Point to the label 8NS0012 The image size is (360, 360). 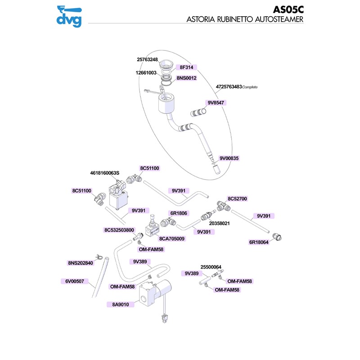[186, 78]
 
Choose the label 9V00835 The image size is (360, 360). [229, 158]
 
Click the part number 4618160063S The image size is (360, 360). [104, 173]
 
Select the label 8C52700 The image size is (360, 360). [237, 198]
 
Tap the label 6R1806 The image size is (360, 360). [179, 213]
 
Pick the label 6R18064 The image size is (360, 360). [259, 242]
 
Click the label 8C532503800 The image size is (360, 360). [119, 230]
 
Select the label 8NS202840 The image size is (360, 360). [81, 263]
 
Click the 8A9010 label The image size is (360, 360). [121, 305]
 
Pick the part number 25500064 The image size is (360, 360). [211, 267]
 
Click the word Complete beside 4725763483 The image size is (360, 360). [252, 87]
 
